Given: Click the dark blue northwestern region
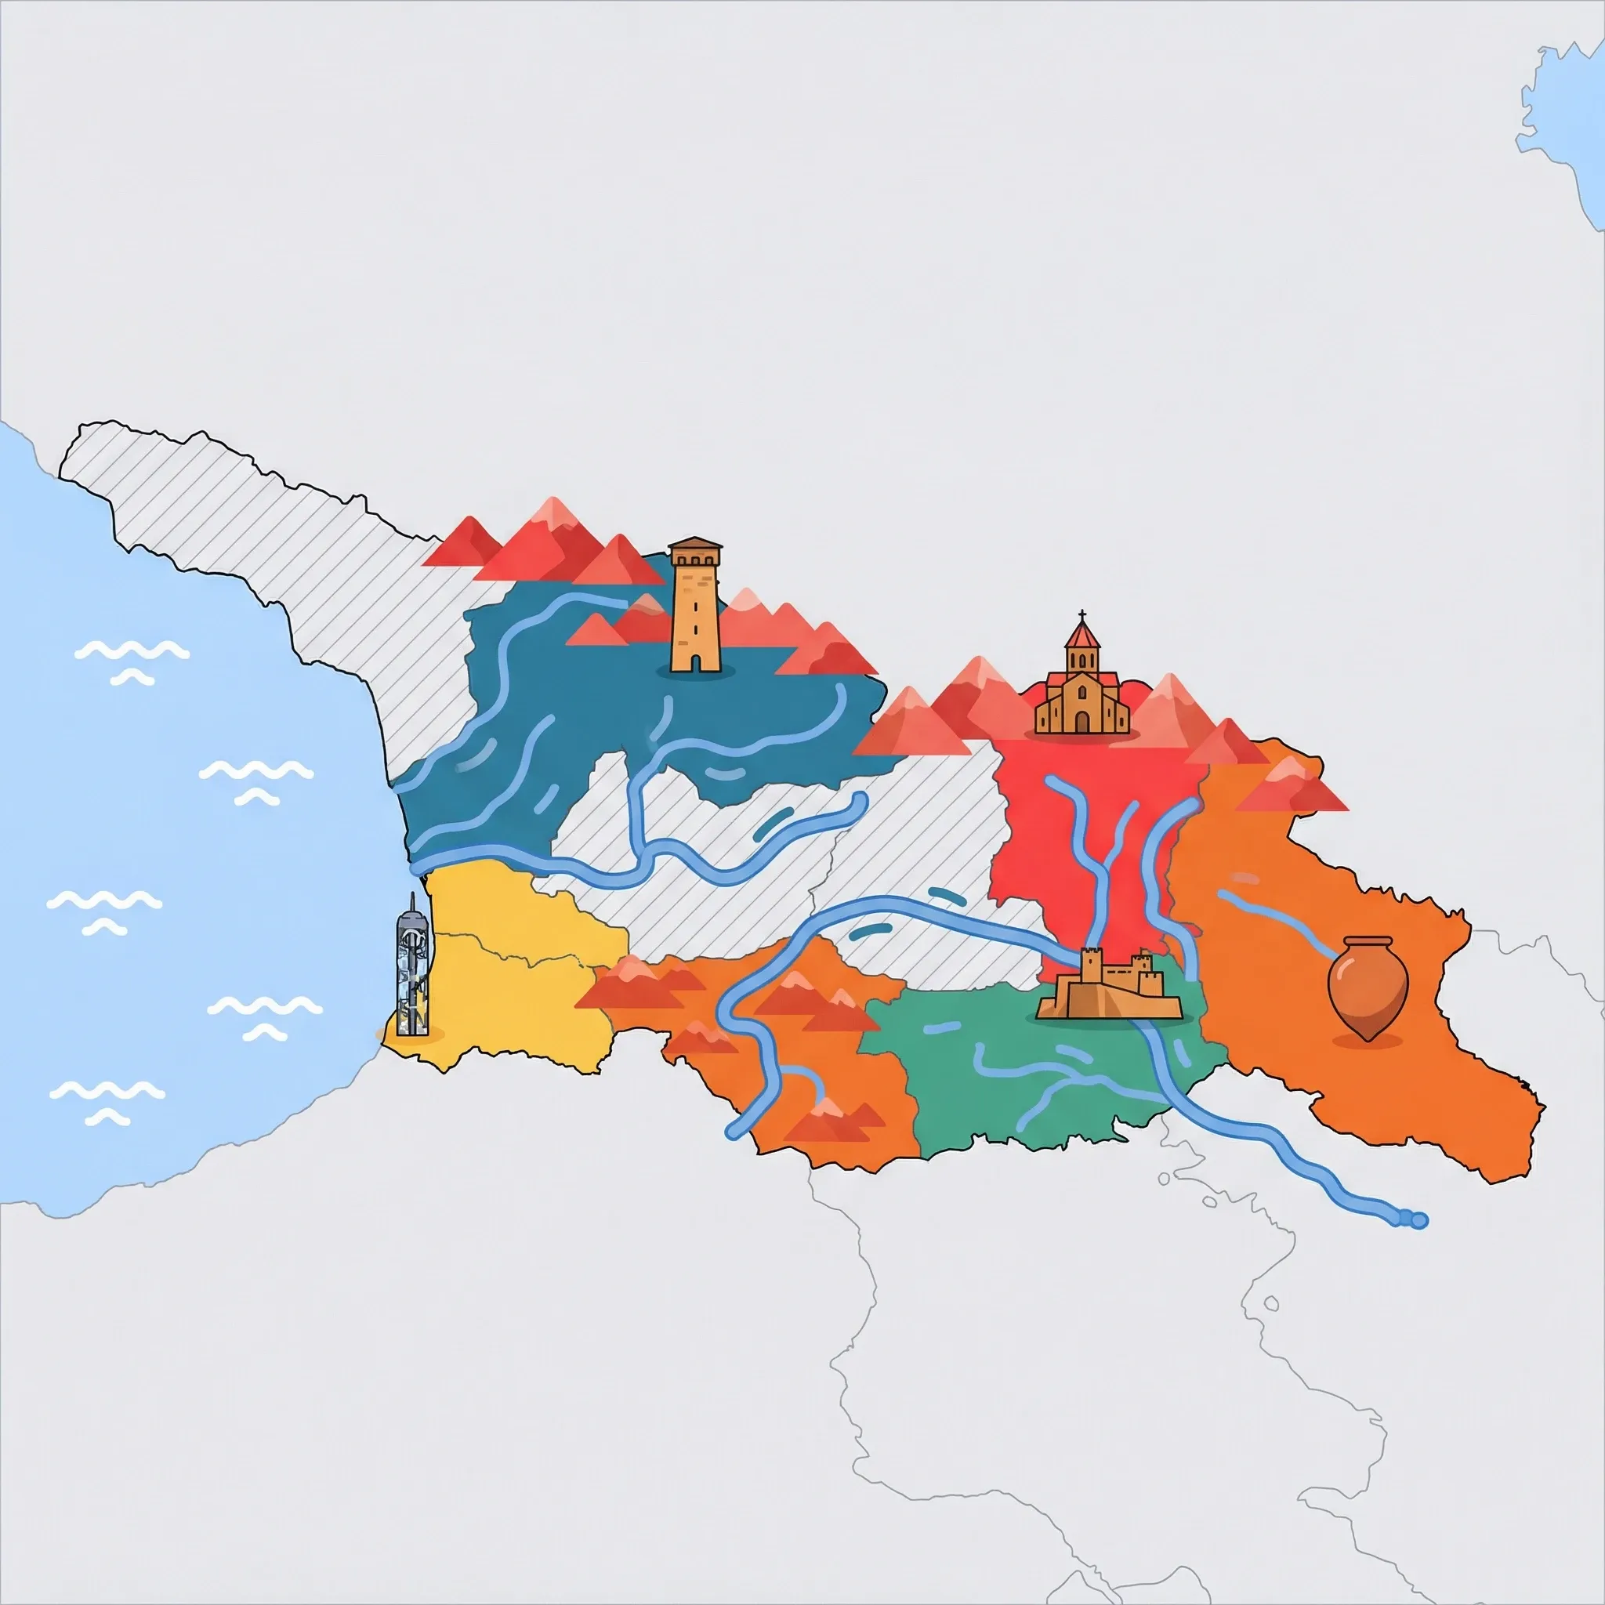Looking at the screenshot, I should click(581, 706).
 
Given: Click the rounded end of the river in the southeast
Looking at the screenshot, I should click(1419, 1220).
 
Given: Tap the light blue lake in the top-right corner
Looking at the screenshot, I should click(1570, 125).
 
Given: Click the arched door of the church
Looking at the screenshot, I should click(1081, 722).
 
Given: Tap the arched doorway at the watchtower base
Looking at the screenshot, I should click(695, 661).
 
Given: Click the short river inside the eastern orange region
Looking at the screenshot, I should click(1279, 922).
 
